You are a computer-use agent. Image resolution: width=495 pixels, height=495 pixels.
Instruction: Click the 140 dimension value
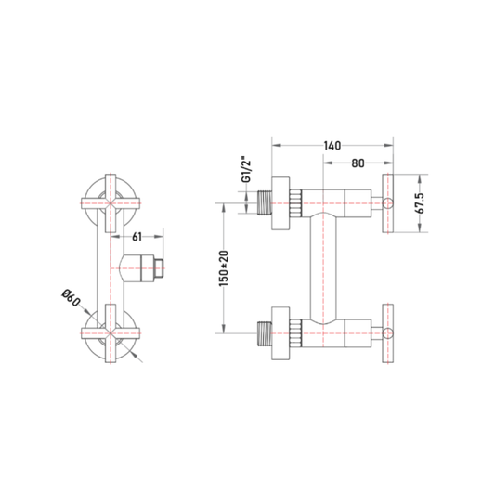click(332, 146)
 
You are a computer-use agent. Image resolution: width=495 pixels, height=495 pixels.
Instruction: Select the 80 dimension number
click(358, 163)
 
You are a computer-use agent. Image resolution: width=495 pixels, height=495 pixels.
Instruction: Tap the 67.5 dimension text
click(421, 203)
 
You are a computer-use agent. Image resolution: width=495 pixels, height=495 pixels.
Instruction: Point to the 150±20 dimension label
click(224, 268)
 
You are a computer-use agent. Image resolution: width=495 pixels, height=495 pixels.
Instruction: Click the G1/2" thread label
click(246, 169)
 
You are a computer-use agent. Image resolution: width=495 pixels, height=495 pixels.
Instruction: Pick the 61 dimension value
click(137, 237)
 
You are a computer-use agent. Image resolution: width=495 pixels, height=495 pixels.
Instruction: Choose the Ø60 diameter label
click(71, 297)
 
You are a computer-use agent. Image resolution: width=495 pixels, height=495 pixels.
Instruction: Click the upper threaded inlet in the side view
click(265, 203)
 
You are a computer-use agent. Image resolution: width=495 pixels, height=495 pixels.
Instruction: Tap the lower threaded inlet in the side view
click(265, 333)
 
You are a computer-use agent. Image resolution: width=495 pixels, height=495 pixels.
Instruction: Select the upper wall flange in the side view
click(280, 203)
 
